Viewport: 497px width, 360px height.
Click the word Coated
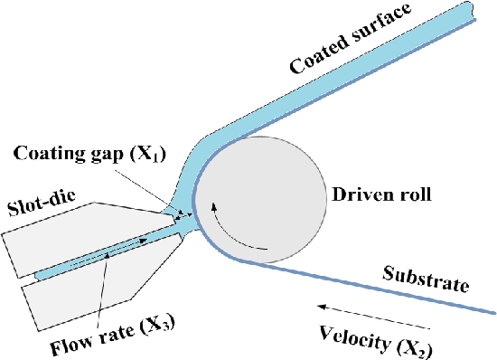click(x=317, y=54)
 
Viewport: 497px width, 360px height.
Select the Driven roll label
click(x=381, y=194)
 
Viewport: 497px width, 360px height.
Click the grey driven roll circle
click(x=260, y=200)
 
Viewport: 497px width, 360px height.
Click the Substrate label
click(x=426, y=279)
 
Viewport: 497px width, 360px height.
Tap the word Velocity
click(x=355, y=337)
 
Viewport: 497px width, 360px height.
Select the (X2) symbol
click(x=415, y=349)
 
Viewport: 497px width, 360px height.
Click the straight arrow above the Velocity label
click(x=374, y=317)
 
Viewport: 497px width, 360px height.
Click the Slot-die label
click(x=42, y=203)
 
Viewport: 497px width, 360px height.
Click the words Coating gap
click(x=68, y=154)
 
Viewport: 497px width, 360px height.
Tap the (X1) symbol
click(x=147, y=154)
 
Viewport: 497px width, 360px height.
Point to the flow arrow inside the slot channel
click(x=108, y=251)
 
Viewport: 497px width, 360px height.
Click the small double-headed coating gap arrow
click(x=183, y=216)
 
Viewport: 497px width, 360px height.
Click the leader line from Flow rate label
click(x=103, y=289)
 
